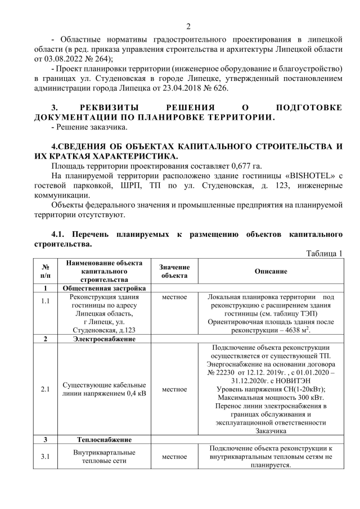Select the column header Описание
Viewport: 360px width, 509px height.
click(x=271, y=271)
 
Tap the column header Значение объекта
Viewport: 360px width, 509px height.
click(x=174, y=271)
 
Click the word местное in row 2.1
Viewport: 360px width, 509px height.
click(x=174, y=389)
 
